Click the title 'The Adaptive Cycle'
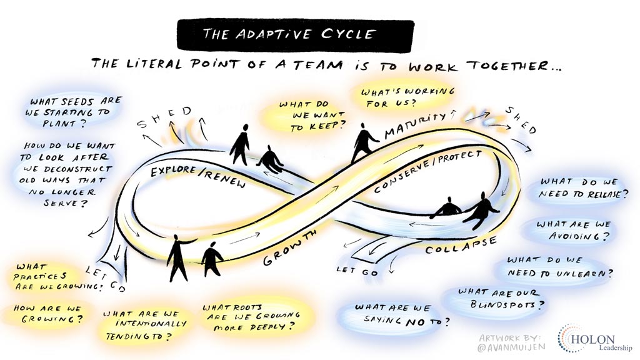click(295, 34)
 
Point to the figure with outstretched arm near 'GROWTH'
click(179, 257)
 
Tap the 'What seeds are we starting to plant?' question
click(69, 111)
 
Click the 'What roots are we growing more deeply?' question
click(248, 317)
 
